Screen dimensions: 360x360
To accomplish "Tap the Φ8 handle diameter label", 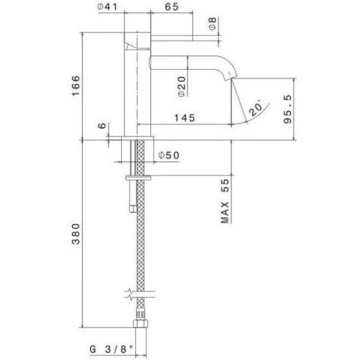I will pos(212,25).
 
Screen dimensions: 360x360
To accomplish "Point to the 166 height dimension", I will pos(75,85).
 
